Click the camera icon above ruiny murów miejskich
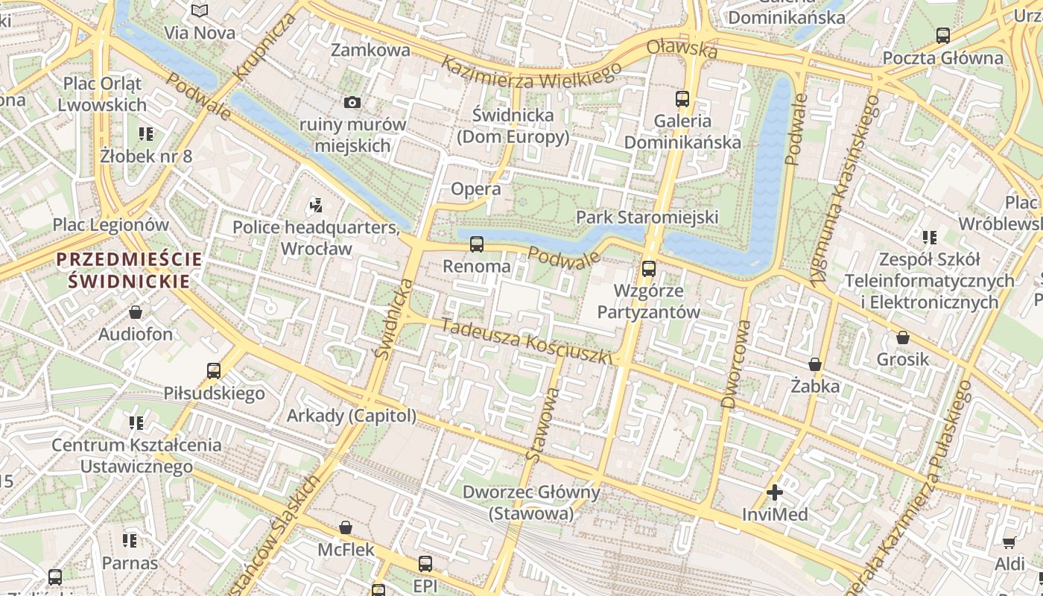coord(352,102)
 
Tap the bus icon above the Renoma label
coord(477,244)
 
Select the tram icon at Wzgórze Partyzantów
coord(649,269)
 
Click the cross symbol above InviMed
coord(775,492)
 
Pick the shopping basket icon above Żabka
coord(815,364)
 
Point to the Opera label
coord(476,189)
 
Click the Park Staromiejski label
coord(647,217)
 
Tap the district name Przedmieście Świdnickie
coord(129,270)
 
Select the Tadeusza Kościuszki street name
coord(526,341)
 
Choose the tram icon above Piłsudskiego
coord(214,370)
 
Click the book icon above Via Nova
coord(199,10)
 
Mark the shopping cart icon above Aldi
coord(1009,542)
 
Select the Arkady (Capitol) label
coord(352,416)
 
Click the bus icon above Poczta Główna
coord(942,35)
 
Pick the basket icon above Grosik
coord(903,337)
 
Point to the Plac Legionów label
coord(110,224)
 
